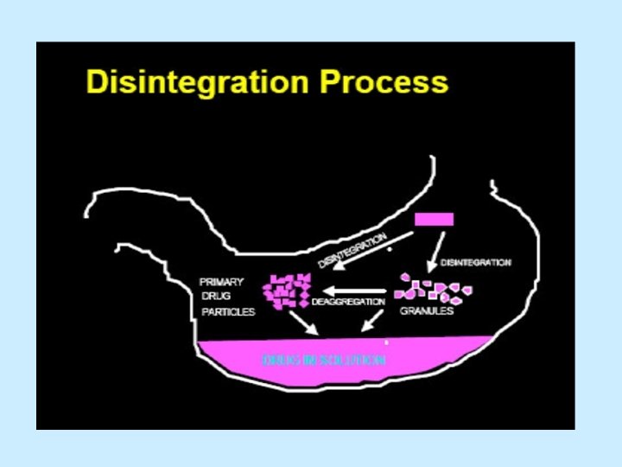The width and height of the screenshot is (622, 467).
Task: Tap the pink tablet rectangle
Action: (x=434, y=219)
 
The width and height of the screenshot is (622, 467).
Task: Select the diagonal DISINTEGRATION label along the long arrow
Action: (x=352, y=249)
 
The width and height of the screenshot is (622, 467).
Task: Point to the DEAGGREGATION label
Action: (x=348, y=302)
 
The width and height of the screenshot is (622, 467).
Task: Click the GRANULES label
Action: (x=426, y=311)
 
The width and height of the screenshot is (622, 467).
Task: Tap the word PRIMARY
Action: (x=222, y=281)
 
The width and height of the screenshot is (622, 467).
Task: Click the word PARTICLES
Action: (x=226, y=311)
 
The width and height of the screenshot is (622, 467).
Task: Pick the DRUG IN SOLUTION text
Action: (x=324, y=360)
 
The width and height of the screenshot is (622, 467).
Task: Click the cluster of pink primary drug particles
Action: (x=288, y=291)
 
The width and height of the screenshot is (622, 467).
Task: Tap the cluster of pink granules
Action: (x=432, y=289)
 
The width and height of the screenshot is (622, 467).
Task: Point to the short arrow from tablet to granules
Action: (x=437, y=249)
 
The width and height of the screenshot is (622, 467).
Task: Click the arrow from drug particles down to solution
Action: (x=302, y=322)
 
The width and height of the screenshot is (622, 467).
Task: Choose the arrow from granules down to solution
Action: (x=372, y=322)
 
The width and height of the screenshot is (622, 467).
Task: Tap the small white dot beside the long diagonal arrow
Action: (x=390, y=249)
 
